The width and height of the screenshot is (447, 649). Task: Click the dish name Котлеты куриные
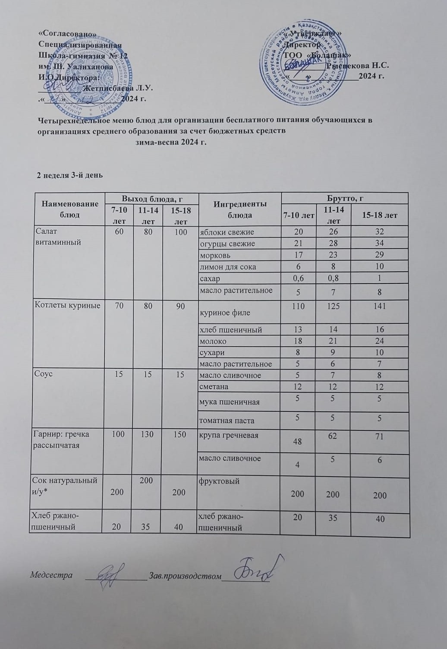point(67,306)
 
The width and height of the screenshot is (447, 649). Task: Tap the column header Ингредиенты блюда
point(239,209)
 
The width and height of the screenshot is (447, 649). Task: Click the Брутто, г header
point(344,198)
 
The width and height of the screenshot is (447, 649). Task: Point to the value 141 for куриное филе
point(380,306)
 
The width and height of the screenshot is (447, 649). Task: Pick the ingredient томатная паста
point(227,420)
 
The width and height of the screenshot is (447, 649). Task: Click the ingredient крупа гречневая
point(229,435)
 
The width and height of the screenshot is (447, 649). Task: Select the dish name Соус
point(43,374)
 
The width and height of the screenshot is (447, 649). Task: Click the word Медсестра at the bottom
point(51,575)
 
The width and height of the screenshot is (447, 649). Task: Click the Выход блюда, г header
point(150,199)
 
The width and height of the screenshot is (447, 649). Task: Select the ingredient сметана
point(214,386)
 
